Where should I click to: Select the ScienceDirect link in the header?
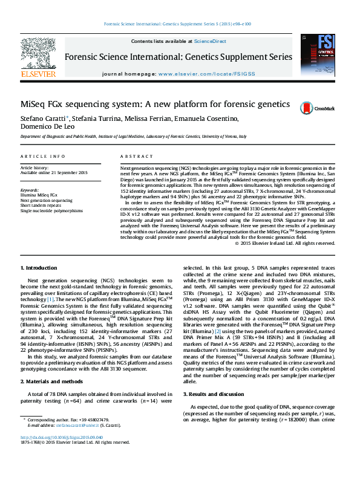pos(209,41)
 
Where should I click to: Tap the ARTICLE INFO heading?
pos(43,155)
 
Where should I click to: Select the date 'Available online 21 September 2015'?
pos(54,173)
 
